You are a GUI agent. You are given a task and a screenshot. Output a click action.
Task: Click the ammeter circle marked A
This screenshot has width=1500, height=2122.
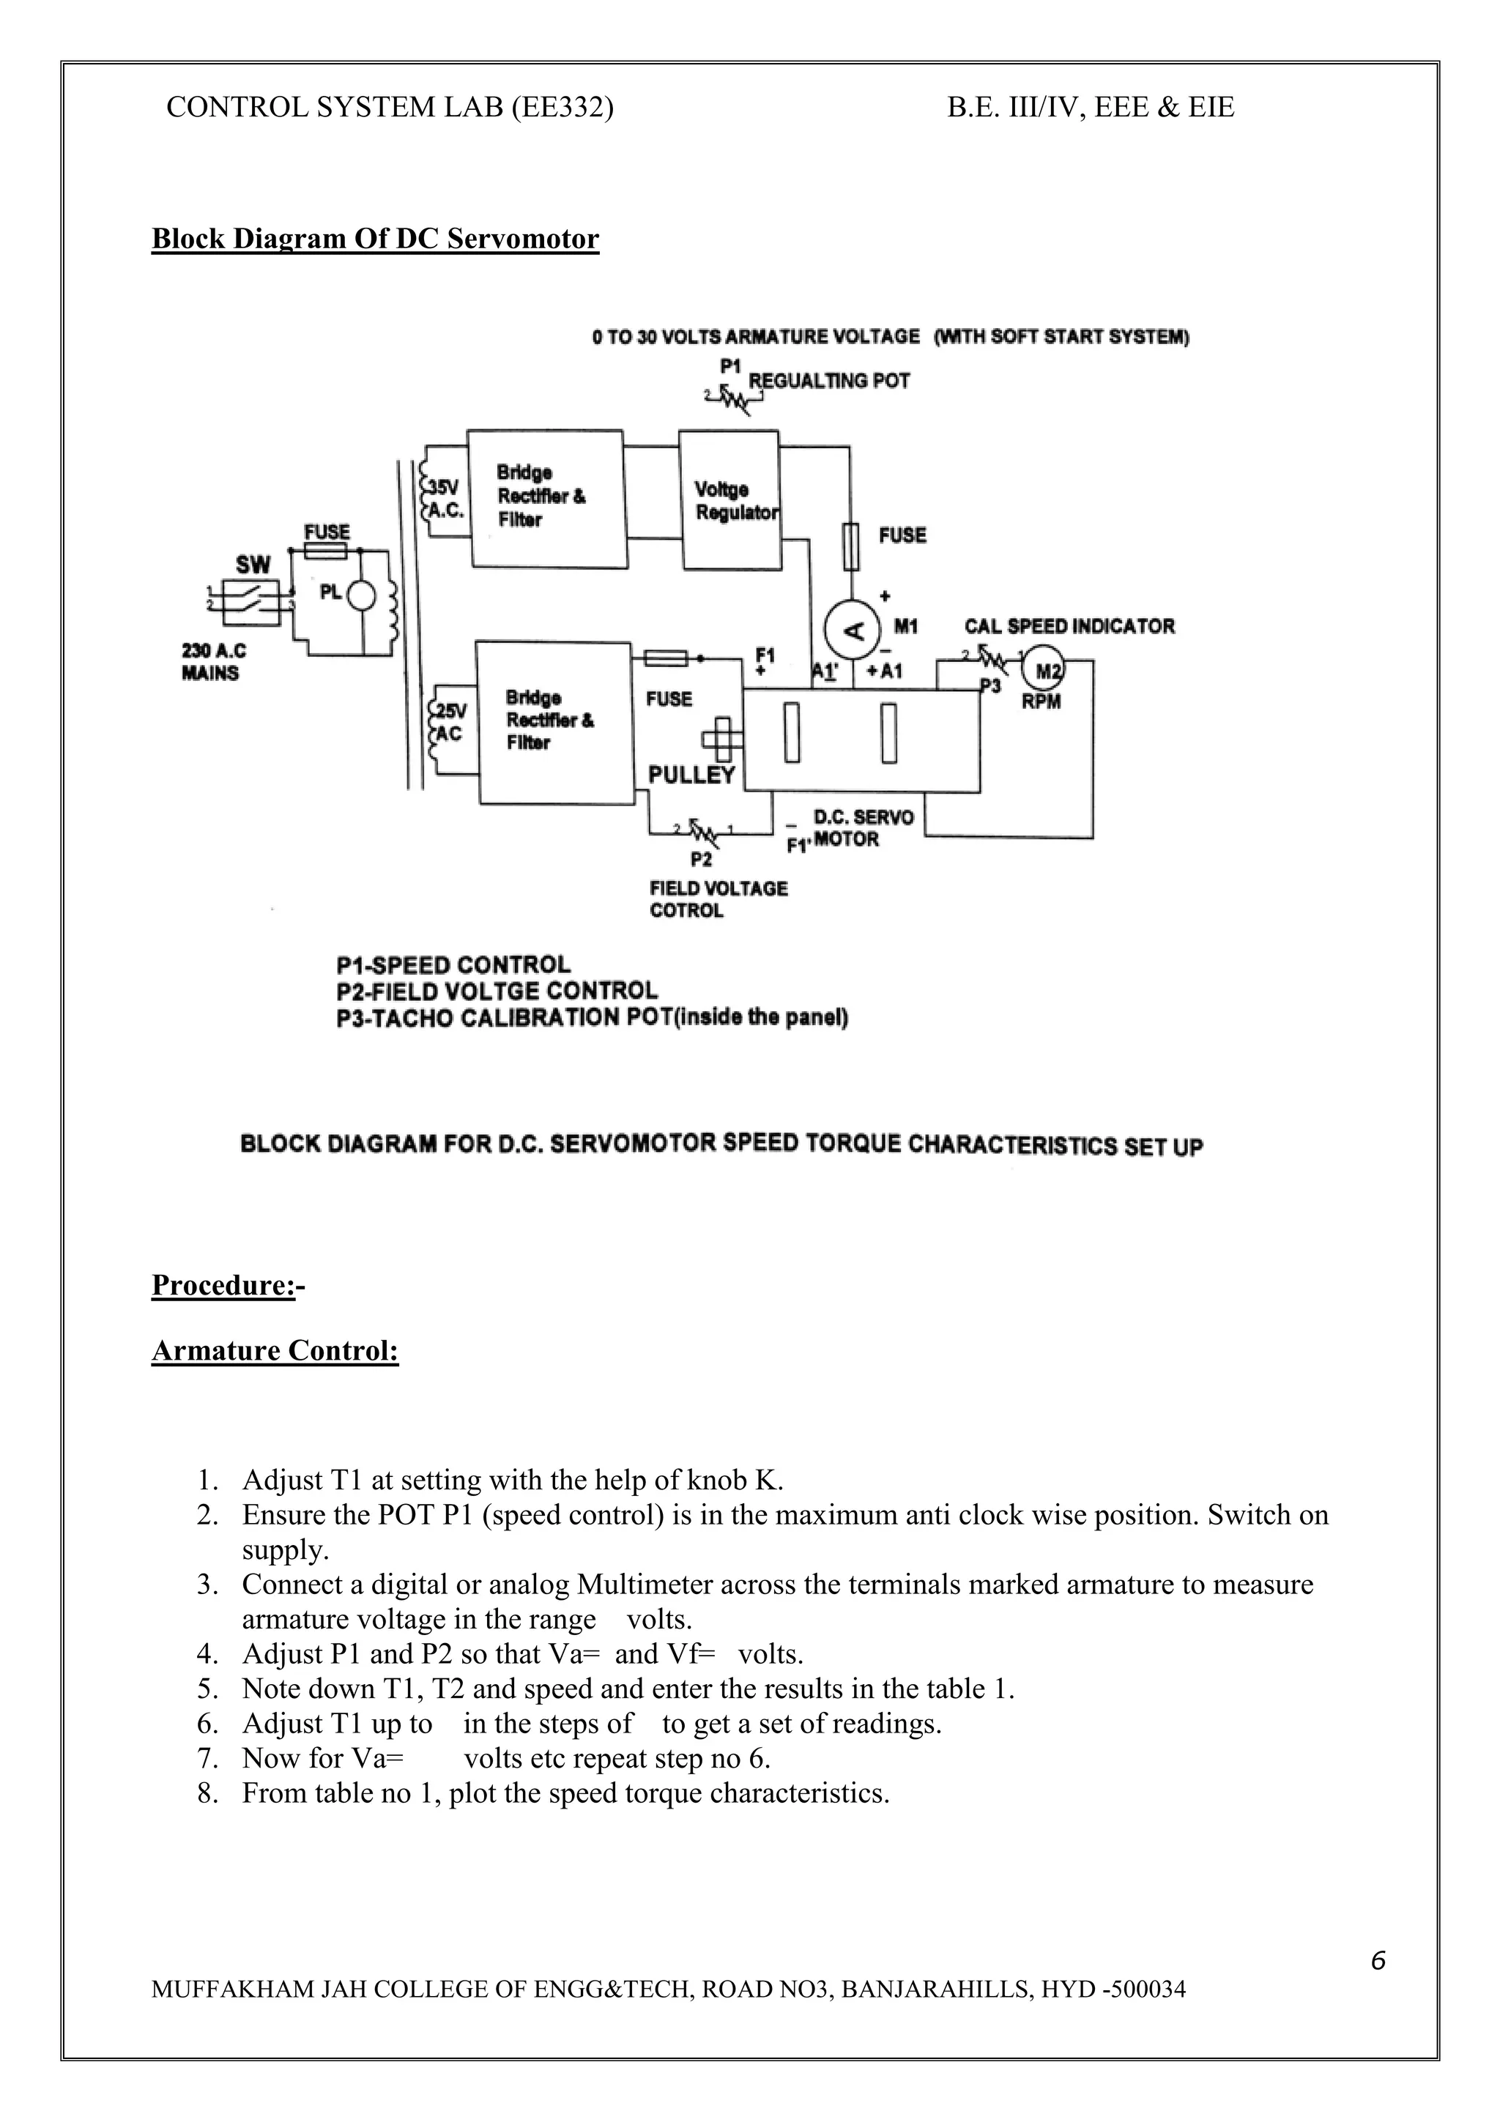[x=855, y=631]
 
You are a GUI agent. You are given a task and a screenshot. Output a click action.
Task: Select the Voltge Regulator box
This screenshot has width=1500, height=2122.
[x=729, y=499]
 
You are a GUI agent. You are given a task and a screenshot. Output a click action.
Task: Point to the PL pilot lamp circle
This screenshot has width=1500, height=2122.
[x=361, y=596]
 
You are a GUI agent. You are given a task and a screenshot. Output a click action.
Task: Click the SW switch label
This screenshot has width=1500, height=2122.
[x=252, y=565]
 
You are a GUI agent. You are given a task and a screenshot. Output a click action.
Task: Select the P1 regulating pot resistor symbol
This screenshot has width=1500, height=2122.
[x=735, y=398]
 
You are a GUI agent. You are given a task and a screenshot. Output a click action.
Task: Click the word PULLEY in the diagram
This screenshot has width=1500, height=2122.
[x=691, y=775]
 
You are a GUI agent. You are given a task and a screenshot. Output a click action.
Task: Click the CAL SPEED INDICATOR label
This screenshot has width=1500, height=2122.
[x=1069, y=627]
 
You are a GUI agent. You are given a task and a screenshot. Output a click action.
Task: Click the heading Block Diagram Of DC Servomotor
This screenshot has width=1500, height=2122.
[x=375, y=239]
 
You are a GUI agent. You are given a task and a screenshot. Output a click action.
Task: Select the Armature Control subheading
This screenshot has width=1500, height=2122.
[x=275, y=1350]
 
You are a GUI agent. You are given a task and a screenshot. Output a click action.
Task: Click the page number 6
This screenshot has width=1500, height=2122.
[x=1377, y=1960]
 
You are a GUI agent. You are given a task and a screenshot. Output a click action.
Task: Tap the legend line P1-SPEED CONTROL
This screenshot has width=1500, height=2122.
[x=453, y=965]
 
